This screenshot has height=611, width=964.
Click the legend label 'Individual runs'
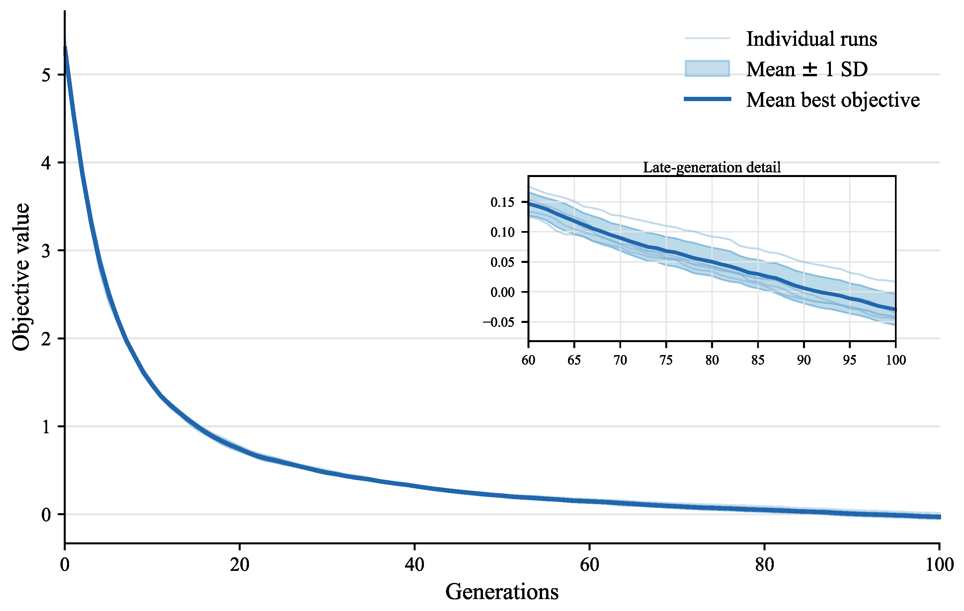tap(812, 39)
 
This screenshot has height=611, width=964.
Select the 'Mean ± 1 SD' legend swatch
tap(707, 68)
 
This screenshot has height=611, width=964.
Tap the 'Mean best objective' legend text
tap(833, 99)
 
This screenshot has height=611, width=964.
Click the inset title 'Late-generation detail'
tap(712, 167)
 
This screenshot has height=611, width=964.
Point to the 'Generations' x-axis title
tap(502, 591)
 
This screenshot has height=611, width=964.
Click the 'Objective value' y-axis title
tap(21, 277)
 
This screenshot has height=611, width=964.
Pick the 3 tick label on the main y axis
tap(46, 251)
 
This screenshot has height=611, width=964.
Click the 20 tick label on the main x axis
tap(239, 565)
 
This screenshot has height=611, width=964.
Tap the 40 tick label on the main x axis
tap(414, 565)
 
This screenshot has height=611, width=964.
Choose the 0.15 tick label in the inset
tap(503, 202)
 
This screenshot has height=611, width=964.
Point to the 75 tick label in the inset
tap(666, 360)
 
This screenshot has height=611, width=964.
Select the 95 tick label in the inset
tap(849, 360)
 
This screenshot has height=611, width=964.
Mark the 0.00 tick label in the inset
tap(503, 292)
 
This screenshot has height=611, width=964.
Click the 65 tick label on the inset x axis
tap(574, 360)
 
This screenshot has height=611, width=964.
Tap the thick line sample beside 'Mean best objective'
tap(707, 99)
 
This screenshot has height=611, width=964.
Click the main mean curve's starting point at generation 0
tap(65, 47)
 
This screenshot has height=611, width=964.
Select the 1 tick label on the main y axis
tap(46, 427)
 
